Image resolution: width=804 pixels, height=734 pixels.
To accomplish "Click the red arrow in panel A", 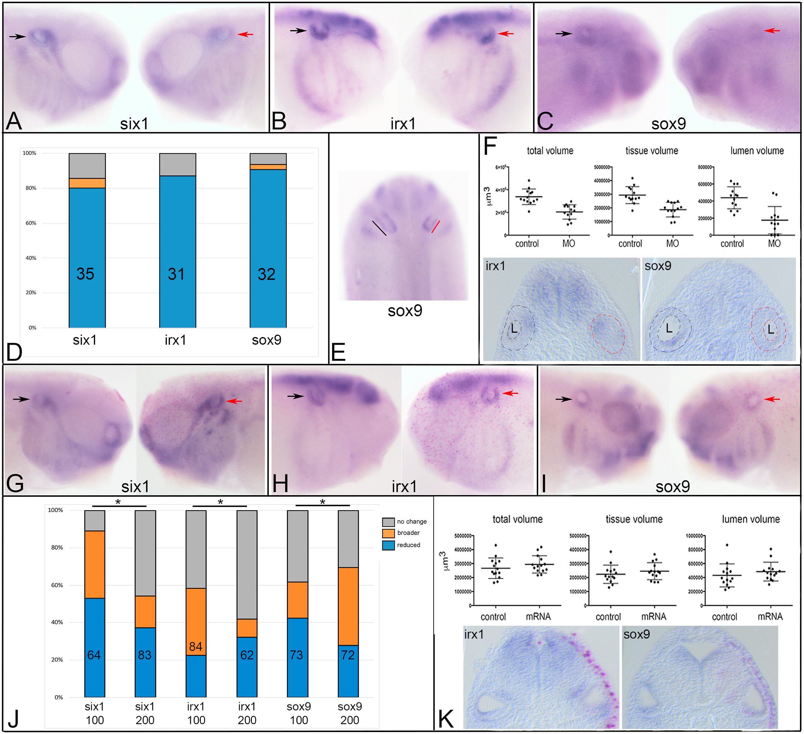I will pos(245,35).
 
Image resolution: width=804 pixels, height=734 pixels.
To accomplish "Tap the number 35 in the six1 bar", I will pos(85,274).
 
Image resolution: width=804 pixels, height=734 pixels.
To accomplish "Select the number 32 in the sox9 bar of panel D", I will pos(267,274).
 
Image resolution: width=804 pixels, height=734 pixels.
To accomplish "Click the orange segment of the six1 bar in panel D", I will pos(87,183).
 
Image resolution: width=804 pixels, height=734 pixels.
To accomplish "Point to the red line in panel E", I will pos(435,227).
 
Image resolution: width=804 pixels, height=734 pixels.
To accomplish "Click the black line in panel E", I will pos(379,228).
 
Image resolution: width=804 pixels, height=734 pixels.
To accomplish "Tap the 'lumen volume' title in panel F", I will pos(757,151).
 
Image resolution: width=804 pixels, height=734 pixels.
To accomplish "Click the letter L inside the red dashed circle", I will pos(770,329).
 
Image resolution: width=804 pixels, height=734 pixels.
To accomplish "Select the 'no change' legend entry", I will pos(411,521).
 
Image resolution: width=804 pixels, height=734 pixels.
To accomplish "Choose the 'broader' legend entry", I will pos(408,533).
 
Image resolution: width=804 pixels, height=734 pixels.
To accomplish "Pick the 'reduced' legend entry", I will pos(408,545).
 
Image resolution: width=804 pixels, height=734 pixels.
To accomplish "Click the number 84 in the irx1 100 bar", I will pos(195,646).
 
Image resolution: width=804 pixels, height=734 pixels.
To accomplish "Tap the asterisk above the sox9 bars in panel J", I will pos(322,502).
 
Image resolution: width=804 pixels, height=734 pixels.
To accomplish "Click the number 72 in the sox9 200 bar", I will pos(348,655).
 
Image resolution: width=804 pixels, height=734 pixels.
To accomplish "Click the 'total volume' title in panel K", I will pos(517,519).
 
